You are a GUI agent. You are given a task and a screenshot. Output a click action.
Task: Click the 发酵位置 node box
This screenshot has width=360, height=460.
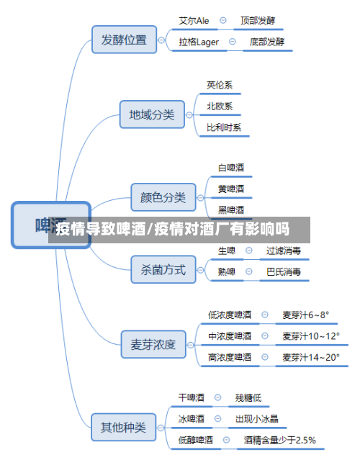pos(124,40)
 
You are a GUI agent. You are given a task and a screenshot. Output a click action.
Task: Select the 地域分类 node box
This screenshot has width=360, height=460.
pos(151,114)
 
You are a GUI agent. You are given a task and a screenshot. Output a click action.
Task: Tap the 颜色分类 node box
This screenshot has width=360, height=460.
pos(163,197)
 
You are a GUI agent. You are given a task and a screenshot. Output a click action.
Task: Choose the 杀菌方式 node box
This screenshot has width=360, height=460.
pos(163,270)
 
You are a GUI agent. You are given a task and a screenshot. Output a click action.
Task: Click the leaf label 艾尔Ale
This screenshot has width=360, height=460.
pos(194,22)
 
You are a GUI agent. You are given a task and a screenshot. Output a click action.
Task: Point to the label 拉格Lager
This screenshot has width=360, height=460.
pos(199,42)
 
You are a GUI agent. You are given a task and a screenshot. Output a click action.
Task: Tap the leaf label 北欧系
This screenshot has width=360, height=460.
pos(220,106)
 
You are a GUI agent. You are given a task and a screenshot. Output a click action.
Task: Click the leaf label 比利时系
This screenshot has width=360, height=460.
pos(224,127)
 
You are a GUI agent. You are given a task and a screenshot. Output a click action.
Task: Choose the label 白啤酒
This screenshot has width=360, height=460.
pos(231,168)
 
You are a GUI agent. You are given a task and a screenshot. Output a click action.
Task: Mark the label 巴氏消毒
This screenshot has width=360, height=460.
pos(284,272)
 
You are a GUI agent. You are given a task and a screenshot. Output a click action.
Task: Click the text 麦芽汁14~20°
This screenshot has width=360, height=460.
pos(310,356)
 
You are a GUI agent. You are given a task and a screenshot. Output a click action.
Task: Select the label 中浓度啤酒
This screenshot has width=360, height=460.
pos(230,335)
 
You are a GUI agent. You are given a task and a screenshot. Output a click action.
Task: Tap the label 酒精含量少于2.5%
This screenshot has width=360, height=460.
pos(279,439)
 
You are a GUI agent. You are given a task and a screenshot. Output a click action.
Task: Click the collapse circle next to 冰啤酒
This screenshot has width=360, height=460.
pos(219,418)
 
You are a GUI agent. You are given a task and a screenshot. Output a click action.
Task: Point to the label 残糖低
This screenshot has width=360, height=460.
pos(248,397)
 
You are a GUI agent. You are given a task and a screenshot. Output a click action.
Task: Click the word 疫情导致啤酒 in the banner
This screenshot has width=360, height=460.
pos(101,230)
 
